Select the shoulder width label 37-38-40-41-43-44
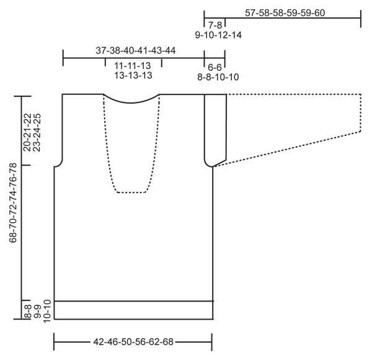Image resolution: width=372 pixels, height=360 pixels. [x=135, y=51]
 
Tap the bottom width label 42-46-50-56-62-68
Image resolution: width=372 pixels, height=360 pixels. [x=133, y=341]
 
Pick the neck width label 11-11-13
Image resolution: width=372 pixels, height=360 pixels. [x=133, y=65]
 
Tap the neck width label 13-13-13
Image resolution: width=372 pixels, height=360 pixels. [x=133, y=75]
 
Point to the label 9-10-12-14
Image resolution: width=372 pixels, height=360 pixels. [x=218, y=35]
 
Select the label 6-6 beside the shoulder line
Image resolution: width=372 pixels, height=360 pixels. [x=215, y=66]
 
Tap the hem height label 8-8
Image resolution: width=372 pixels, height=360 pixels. [x=27, y=311]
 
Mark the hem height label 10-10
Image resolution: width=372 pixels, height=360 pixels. [x=48, y=311]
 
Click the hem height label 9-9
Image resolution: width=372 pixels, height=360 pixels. [x=38, y=311]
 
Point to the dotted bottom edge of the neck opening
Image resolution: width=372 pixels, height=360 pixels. [x=131, y=192]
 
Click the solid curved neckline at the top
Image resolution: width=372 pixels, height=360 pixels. [x=131, y=101]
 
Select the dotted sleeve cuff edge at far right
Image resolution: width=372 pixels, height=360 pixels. [x=361, y=112]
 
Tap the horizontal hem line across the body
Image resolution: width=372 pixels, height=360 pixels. [x=133, y=301]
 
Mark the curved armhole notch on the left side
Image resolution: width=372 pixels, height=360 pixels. [x=60, y=163]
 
